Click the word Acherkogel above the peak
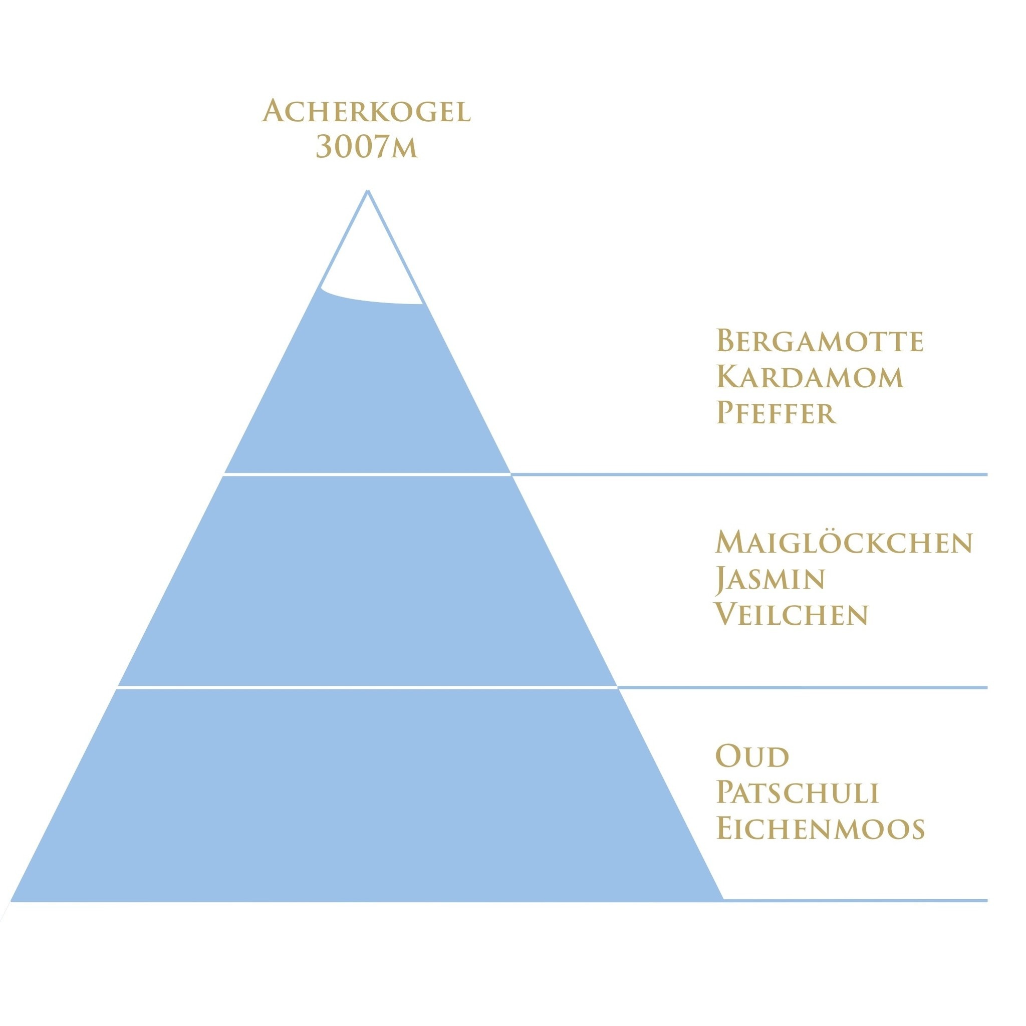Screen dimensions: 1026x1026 [366, 111]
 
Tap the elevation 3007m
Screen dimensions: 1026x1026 [366, 146]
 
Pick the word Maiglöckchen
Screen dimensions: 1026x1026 [843, 542]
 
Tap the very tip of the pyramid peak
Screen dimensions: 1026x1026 [368, 192]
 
